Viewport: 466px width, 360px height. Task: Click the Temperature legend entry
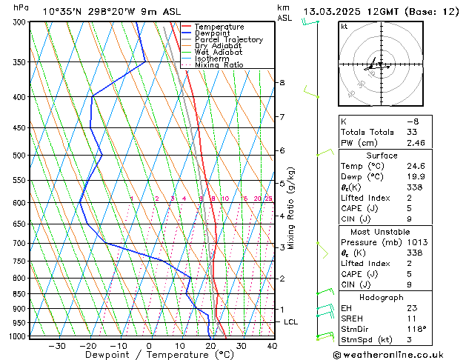tap(219, 27)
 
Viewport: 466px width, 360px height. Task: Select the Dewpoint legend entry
tap(214, 33)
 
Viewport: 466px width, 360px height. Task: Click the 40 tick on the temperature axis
tap(272, 346)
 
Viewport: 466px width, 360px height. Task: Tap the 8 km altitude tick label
tap(282, 82)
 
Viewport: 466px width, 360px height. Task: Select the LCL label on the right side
tap(290, 322)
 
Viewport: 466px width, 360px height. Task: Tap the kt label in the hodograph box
tap(344, 26)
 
